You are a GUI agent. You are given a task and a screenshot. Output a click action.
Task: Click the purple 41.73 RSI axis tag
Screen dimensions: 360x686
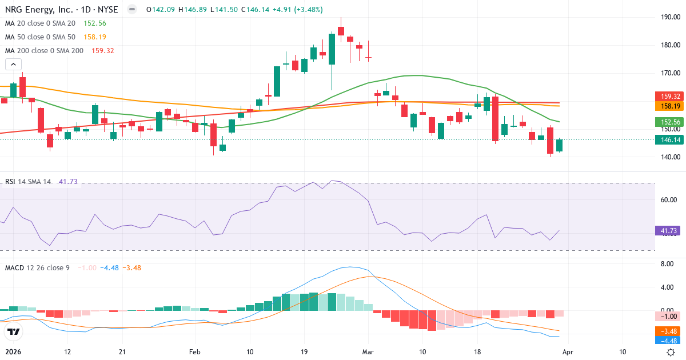667,231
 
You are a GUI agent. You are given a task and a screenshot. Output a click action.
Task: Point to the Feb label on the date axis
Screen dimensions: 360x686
195,351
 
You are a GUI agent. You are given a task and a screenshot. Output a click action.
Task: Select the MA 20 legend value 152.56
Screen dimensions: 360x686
95,23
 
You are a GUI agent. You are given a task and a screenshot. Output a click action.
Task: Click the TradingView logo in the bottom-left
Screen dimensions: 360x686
13,331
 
